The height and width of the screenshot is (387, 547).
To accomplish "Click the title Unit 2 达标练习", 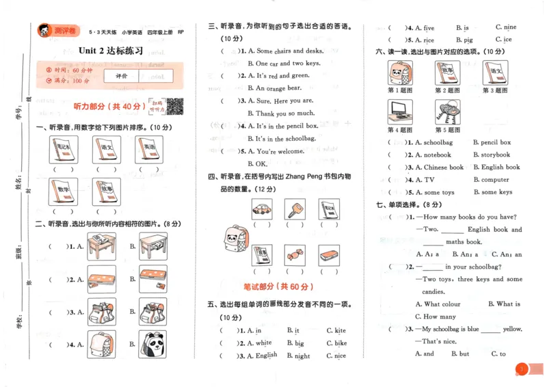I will coord(111,51).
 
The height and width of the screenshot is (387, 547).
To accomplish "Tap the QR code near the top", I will coord(175,106).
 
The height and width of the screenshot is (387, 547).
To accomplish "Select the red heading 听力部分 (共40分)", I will coord(109,106).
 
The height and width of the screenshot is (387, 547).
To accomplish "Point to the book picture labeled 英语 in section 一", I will coord(150,149).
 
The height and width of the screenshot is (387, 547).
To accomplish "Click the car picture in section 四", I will coord(262,209).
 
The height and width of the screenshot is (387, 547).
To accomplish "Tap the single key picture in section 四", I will coord(295,209).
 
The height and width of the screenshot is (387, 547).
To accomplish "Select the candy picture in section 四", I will coord(295,255).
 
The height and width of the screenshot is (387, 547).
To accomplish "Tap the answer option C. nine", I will coord(505,27).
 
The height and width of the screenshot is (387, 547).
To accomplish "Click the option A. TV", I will coord(420,180).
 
